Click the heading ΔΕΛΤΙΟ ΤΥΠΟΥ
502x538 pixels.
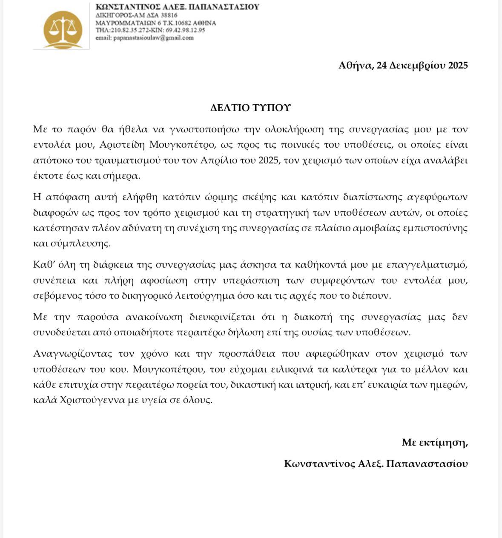pyautogui.click(x=250, y=108)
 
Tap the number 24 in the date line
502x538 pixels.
pyautogui.click(x=382, y=65)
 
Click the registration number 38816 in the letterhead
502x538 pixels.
pyautogui.click(x=169, y=15)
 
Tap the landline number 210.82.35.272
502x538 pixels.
pyautogui.click(x=129, y=30)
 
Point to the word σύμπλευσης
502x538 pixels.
pyautogui.click(x=77, y=243)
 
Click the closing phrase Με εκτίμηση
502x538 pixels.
pyautogui.click(x=434, y=442)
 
